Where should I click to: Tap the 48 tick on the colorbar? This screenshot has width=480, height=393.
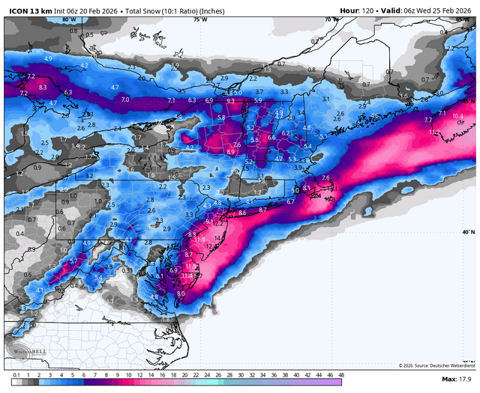341,374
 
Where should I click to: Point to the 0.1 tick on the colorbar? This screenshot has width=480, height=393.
16,374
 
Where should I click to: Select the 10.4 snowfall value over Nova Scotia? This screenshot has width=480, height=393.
457,116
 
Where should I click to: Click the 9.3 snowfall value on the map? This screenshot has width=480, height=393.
230,100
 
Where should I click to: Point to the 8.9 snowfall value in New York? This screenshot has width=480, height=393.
230,151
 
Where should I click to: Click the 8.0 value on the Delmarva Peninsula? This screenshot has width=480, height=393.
181,294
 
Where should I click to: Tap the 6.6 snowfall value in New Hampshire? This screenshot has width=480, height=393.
273,136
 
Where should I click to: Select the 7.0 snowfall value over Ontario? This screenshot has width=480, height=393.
125,99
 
